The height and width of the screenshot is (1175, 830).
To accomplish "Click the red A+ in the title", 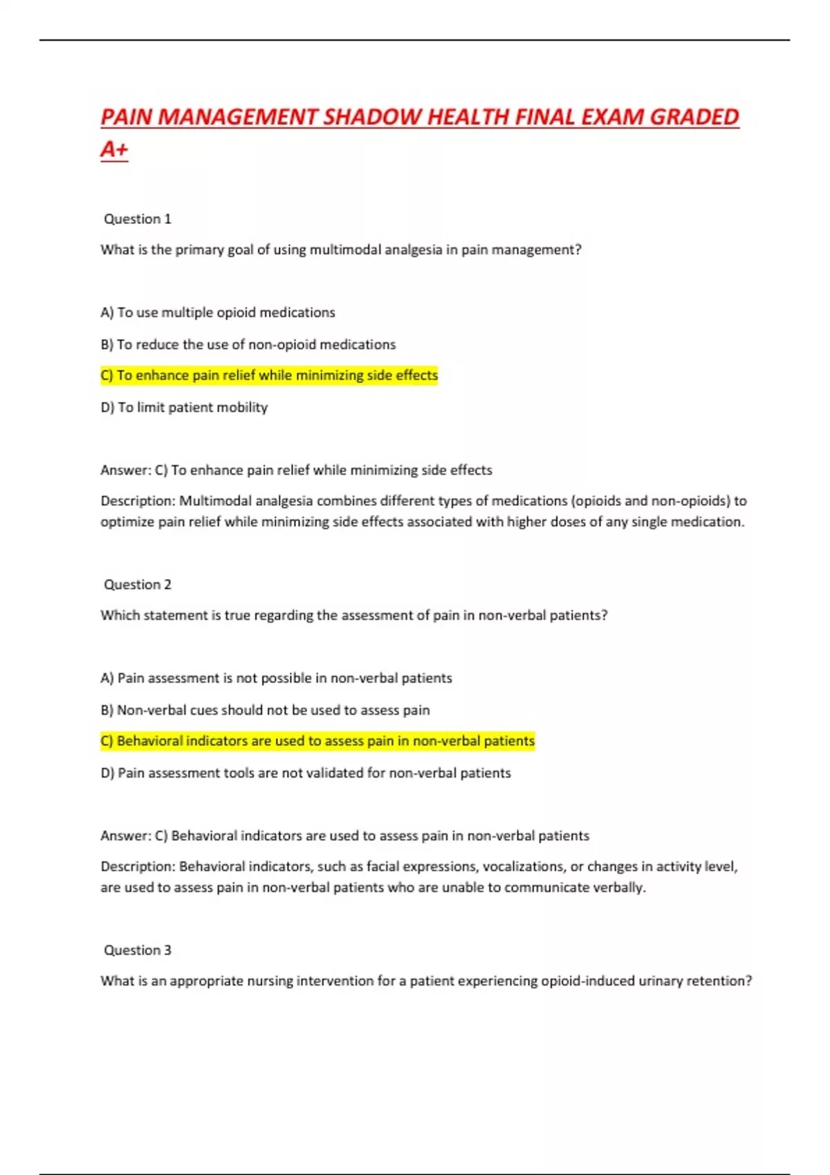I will tap(114, 149).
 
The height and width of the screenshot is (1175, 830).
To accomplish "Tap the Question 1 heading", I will tap(137, 219).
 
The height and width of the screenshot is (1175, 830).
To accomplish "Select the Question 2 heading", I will tap(137, 585).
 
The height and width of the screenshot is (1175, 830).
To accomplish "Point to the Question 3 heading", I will tap(137, 950).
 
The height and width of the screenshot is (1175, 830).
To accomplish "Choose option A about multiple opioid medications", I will tap(217, 312).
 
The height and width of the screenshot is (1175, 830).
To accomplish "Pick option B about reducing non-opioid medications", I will tap(248, 344).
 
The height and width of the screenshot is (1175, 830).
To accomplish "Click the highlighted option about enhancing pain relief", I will tap(269, 375).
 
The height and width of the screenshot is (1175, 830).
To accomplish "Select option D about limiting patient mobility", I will tap(184, 407).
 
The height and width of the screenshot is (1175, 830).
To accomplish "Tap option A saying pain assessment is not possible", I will tap(276, 678).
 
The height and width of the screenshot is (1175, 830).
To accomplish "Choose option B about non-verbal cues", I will tap(265, 710).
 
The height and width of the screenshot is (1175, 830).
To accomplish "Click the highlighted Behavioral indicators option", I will tap(317, 741).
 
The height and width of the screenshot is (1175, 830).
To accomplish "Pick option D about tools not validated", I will tap(306, 773).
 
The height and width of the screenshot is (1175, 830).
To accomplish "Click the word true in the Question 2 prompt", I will tap(237, 615).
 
